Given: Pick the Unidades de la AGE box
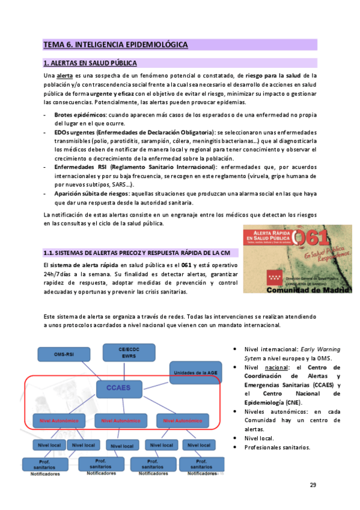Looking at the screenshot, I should point(192,373).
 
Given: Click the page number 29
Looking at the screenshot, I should point(313,486).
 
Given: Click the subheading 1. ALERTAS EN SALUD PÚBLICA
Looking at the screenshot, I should point(90,63).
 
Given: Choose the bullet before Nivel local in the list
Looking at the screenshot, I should point(234,438).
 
